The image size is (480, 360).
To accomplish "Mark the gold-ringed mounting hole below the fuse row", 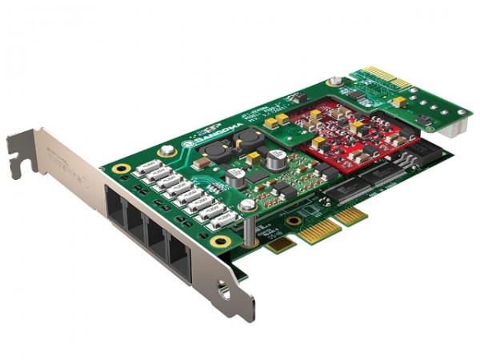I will click(x=222, y=240).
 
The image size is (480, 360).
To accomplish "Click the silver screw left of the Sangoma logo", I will click(x=166, y=149).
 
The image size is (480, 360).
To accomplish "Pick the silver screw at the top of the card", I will click(x=334, y=81).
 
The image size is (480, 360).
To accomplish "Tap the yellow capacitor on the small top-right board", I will click(x=398, y=102).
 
